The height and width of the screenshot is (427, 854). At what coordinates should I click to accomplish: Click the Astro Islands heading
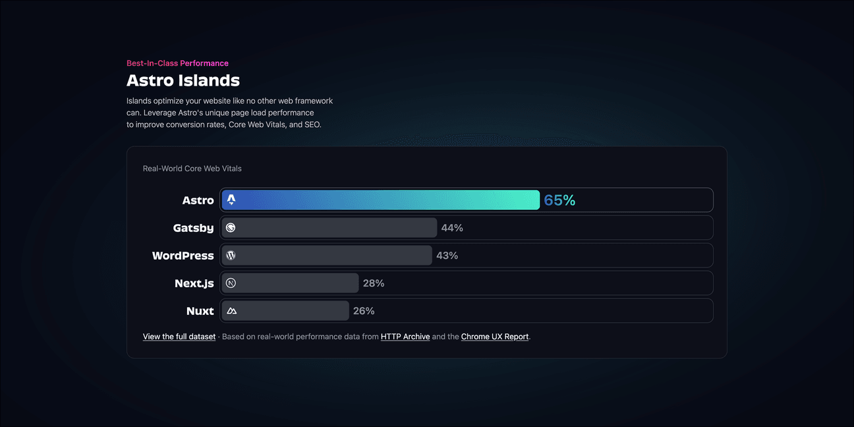pos(183,81)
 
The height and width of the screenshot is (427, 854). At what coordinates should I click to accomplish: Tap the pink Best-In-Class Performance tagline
pos(177,63)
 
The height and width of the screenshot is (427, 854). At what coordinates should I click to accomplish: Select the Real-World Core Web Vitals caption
pos(192,169)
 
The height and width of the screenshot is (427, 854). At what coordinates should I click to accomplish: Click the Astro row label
pos(198,200)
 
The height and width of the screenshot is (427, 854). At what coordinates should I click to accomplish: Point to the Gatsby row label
pos(193,228)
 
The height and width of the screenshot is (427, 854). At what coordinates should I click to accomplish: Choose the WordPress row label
pos(183,256)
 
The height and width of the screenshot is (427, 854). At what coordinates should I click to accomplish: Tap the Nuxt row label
pos(200,311)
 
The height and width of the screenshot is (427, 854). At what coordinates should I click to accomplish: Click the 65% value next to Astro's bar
pos(559,200)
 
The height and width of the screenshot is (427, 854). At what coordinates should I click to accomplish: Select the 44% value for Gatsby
pos(452,228)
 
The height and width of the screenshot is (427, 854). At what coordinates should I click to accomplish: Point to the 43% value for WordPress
pos(447,256)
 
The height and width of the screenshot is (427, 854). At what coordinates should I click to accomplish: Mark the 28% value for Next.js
pos(374,283)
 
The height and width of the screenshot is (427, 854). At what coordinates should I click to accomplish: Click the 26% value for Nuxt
pos(364,311)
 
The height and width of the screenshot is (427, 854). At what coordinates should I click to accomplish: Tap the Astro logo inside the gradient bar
pos(231,200)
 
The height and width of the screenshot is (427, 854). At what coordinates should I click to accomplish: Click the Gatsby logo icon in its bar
pos(231,228)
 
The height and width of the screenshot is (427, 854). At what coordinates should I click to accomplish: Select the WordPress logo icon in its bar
pos(231,256)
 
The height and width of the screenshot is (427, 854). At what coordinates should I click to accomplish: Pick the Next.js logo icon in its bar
pos(231,283)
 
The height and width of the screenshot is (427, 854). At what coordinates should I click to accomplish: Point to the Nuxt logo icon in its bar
pos(231,311)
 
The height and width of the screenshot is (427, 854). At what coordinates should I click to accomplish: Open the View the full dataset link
pos(179,337)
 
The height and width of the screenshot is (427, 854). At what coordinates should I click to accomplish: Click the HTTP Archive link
pos(405,337)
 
